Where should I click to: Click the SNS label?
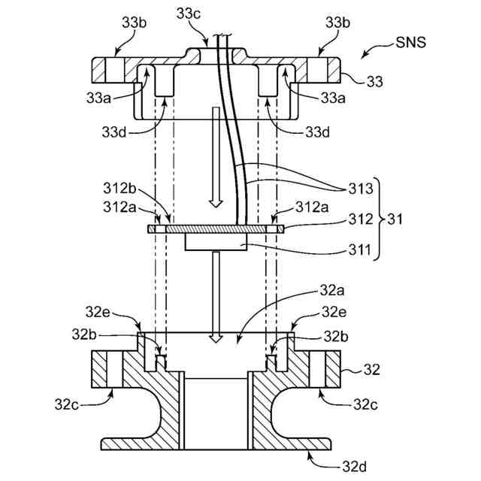pos(410,42)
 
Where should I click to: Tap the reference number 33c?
pos(189,14)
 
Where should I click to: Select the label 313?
pos(361,189)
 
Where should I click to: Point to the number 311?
pos(360,250)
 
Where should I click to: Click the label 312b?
pos(119,188)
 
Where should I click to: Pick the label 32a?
pos(332,290)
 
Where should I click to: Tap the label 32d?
pos(354,467)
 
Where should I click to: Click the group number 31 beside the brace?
pos(395,219)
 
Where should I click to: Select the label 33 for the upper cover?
pos(375,82)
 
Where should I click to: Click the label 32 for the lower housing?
pos(372,370)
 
